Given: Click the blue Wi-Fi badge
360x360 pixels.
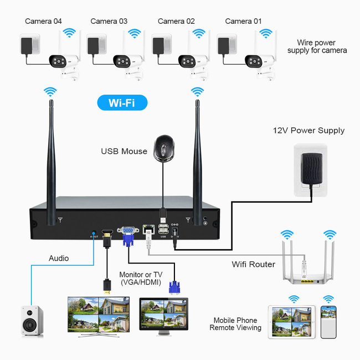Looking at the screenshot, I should click(x=123, y=102).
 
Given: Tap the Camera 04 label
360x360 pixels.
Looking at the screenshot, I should click(x=43, y=22).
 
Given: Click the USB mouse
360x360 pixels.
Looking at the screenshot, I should click(x=164, y=148).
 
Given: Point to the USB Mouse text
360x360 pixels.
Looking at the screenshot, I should click(x=124, y=151).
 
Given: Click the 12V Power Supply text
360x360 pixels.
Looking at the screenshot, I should click(x=308, y=131).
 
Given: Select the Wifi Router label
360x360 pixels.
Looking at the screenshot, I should click(x=253, y=264).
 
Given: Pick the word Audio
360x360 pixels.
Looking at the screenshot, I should click(x=59, y=258).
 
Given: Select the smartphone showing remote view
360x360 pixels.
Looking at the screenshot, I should click(x=329, y=322).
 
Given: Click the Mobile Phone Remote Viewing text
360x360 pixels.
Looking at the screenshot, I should click(x=235, y=324).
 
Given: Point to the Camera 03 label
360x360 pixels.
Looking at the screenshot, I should click(x=109, y=22).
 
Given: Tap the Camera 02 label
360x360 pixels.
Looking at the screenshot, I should click(x=176, y=22).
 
